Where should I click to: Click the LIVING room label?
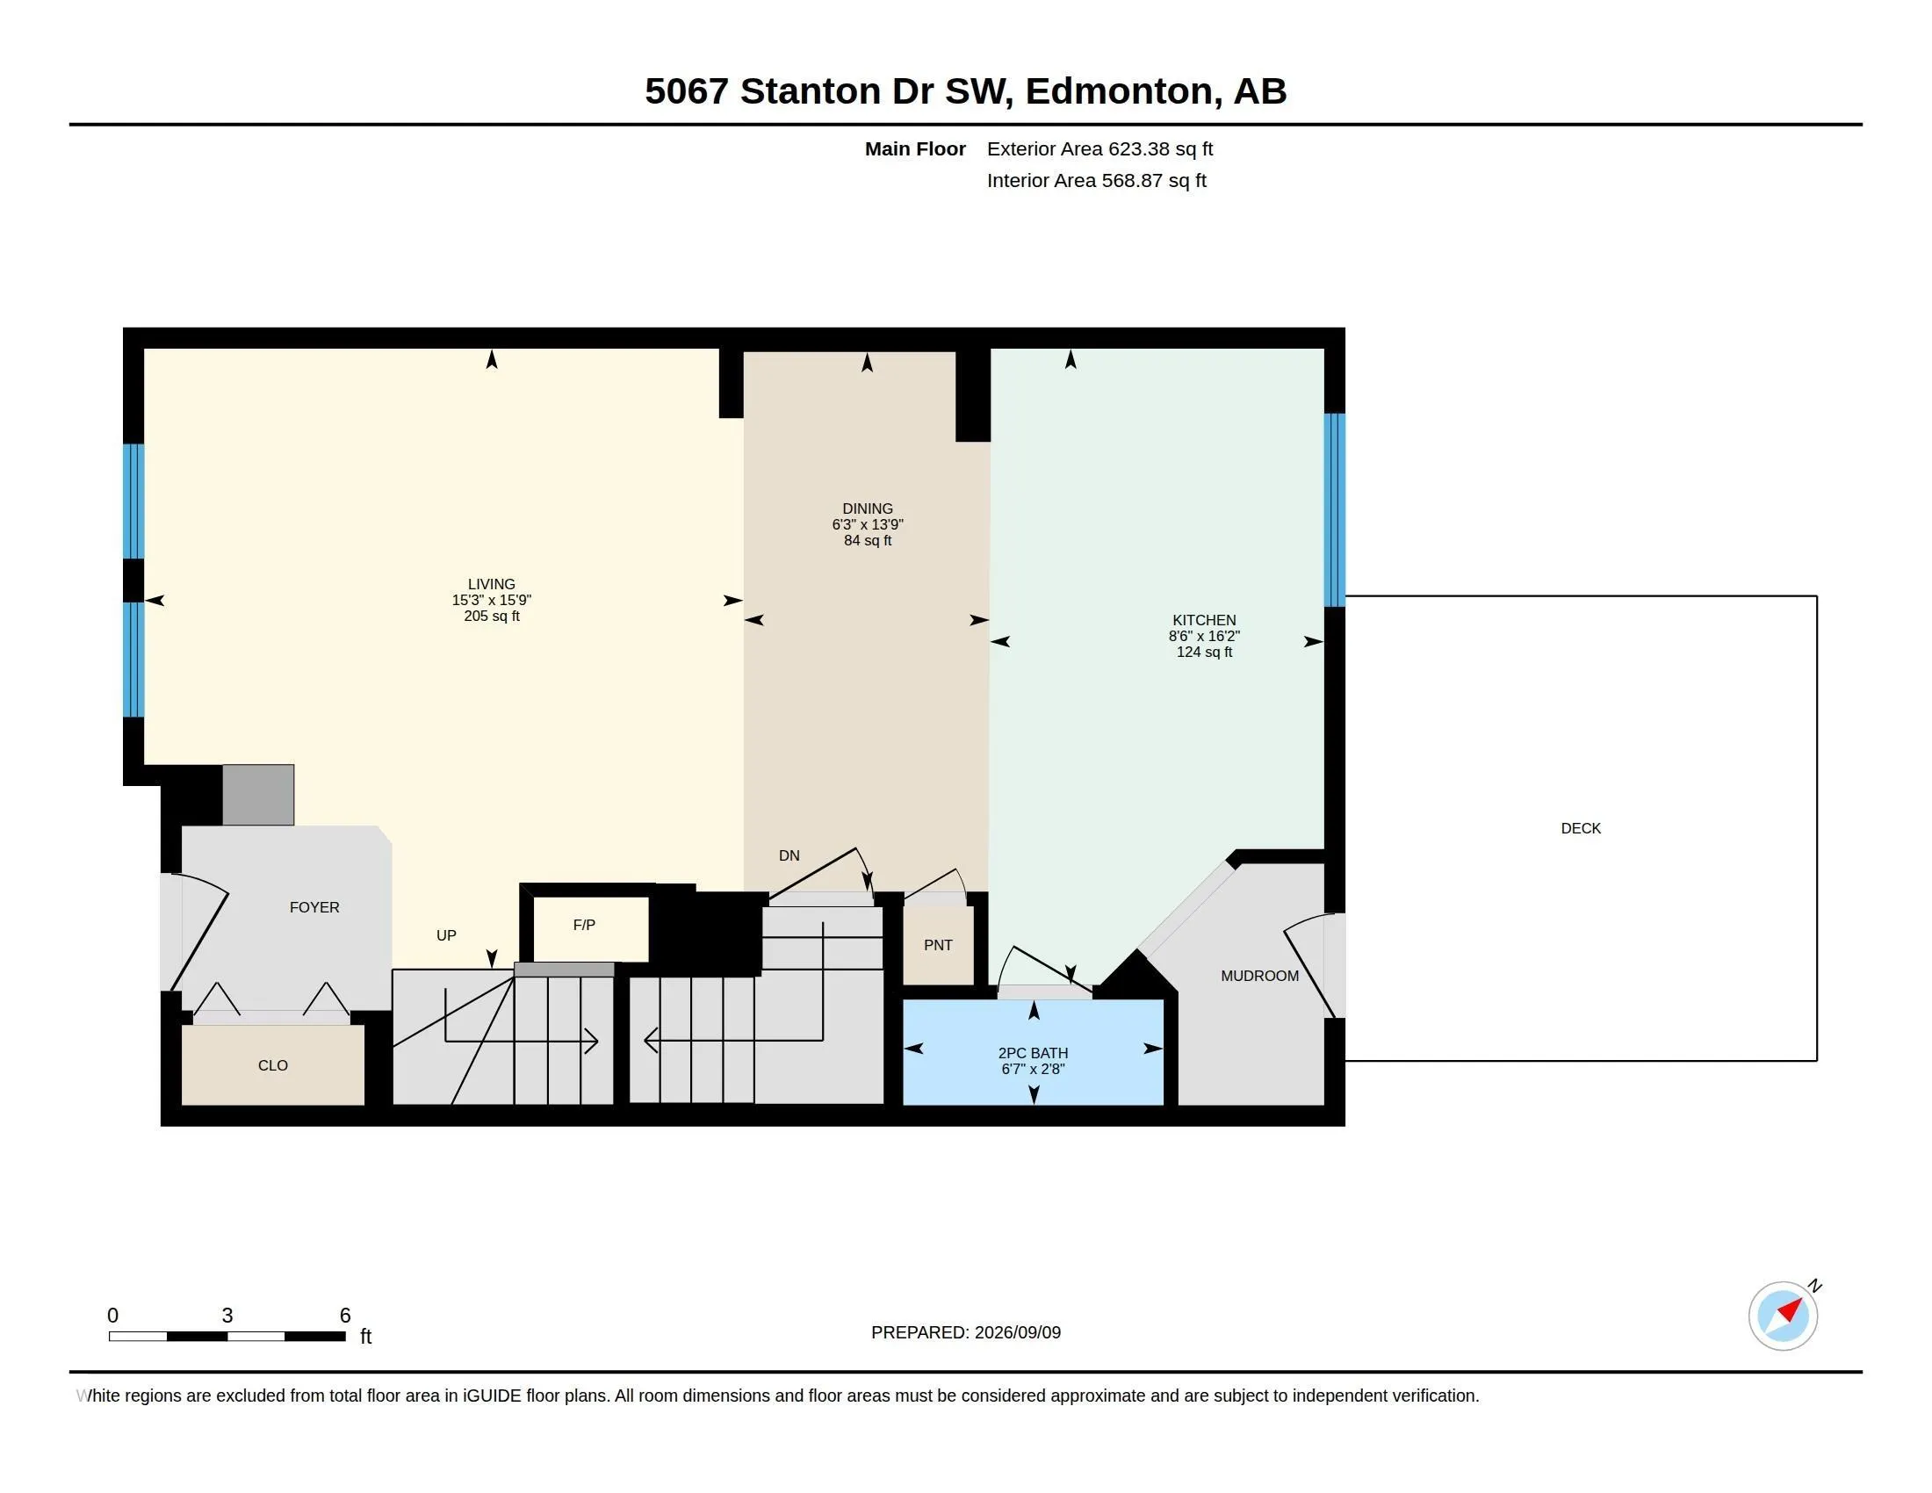tap(491, 584)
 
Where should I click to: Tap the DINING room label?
tap(867, 508)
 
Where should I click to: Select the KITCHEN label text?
tap(1204, 620)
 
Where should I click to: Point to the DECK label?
tap(1581, 828)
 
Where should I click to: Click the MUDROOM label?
tap(1259, 976)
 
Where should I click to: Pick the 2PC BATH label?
tap(1034, 1052)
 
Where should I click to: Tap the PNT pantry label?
tap(938, 945)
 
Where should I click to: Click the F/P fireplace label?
tap(584, 924)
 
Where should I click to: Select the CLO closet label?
tap(272, 1065)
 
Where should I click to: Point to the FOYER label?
tap(314, 906)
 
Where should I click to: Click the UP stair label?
tap(446, 935)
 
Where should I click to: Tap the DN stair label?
tap(789, 855)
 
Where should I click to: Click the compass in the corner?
tap(1784, 1316)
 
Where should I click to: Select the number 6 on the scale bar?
tap(345, 1316)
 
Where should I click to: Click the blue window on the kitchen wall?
tap(1334, 509)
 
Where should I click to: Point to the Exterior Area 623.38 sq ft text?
tap(1099, 148)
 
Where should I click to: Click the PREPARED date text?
tap(966, 1332)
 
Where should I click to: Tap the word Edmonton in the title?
tap(1119, 90)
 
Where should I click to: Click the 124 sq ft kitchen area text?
tap(1204, 652)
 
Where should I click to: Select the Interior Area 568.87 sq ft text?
tap(1097, 180)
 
